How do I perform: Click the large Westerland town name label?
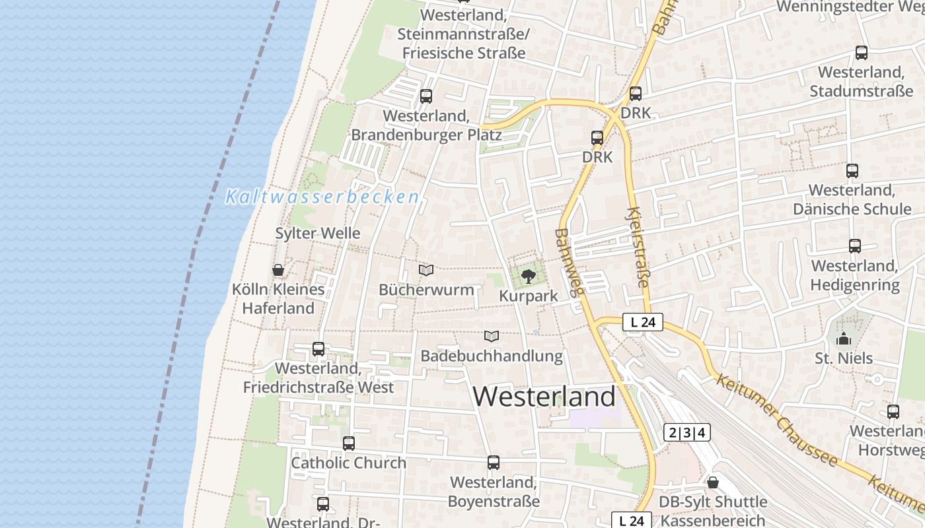[x=544, y=397]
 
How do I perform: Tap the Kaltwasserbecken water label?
[x=322, y=197]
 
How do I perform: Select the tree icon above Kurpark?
[x=528, y=277]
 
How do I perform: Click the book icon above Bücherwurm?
[x=426, y=270]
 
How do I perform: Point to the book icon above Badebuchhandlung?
[x=492, y=336]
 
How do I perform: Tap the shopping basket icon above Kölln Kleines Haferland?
[x=278, y=270]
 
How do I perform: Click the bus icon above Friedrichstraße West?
[x=318, y=349]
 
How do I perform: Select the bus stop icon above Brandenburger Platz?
[x=426, y=96]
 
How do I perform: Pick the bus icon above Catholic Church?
[x=349, y=444]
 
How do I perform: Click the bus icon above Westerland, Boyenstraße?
[x=494, y=463]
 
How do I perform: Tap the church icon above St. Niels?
[x=844, y=339]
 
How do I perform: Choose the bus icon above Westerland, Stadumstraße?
[x=862, y=53]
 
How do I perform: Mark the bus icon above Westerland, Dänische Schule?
[x=852, y=171]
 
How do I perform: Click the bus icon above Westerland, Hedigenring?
[x=855, y=246]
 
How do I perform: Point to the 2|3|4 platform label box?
[x=687, y=433]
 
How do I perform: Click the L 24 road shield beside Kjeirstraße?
[x=643, y=323]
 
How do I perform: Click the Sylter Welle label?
[x=318, y=233]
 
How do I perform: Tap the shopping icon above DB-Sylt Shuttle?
[x=712, y=482]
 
